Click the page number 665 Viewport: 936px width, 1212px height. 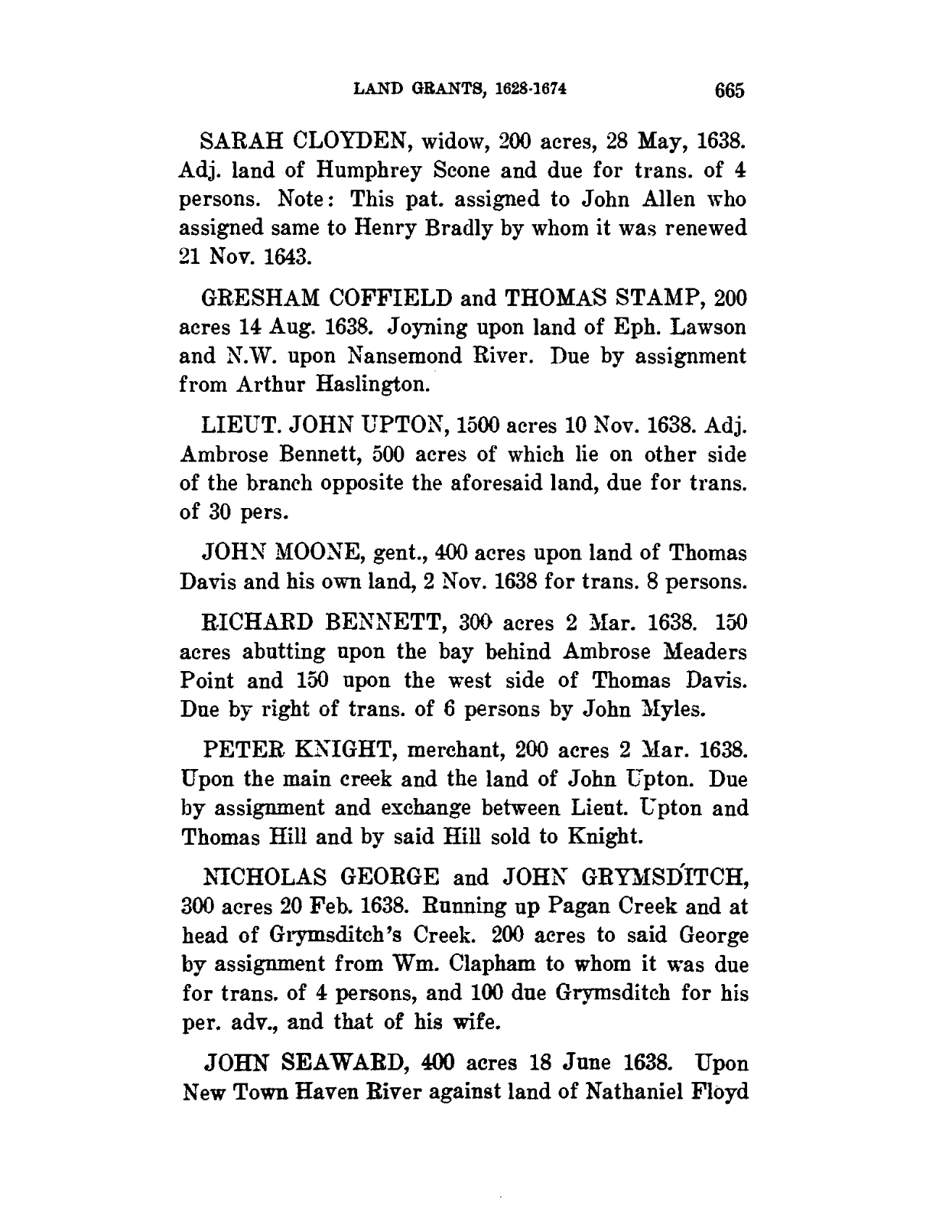point(730,90)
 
